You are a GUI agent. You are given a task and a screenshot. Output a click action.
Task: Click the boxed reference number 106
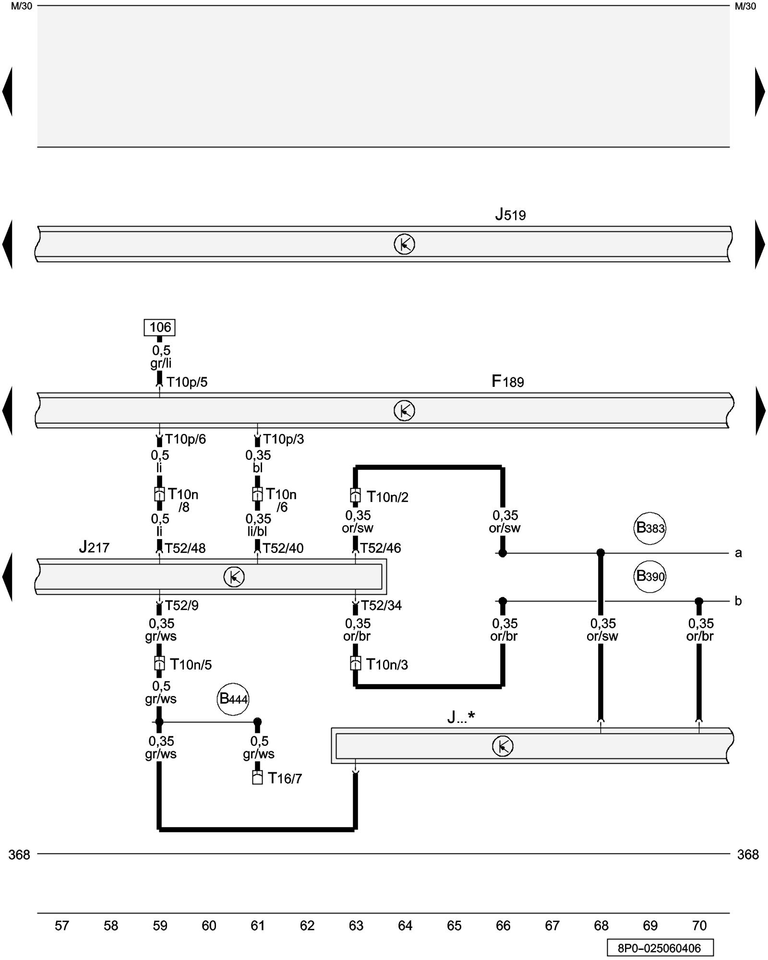tap(160, 327)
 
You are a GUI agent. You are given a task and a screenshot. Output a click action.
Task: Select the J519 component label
tap(510, 215)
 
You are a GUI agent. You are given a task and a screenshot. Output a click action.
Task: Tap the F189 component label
tap(507, 382)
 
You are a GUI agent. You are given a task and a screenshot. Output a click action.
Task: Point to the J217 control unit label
tap(94, 547)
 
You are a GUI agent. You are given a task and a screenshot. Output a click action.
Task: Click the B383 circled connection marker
tap(650, 528)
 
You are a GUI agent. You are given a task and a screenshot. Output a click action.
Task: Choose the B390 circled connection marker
tap(650, 576)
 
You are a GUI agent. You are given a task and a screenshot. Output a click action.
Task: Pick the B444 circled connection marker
tap(233, 699)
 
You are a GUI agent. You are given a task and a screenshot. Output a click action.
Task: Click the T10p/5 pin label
tap(187, 382)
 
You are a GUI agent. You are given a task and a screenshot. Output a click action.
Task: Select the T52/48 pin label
tap(185, 548)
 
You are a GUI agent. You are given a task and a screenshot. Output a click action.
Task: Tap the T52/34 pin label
tap(381, 606)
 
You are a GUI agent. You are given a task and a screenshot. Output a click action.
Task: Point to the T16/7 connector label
tap(285, 779)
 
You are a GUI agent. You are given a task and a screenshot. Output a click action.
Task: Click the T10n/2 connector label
tap(387, 497)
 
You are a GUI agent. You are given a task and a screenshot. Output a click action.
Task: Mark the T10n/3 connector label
tap(387, 665)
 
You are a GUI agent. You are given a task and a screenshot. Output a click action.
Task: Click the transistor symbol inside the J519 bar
tap(404, 245)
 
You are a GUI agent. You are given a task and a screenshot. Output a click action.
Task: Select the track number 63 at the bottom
tap(356, 926)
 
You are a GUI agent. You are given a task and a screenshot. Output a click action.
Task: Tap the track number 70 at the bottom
tap(699, 926)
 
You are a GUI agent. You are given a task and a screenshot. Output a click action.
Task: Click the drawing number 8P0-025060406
tap(660, 948)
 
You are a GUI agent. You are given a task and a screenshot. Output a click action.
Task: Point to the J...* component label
tap(461, 717)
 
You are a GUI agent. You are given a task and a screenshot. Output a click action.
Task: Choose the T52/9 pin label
tap(181, 606)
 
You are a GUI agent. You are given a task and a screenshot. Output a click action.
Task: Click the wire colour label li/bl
tap(258, 531)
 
